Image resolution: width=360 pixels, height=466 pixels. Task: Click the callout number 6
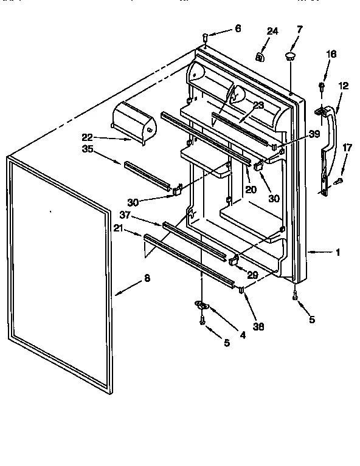click(237, 29)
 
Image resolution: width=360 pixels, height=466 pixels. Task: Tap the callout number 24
click(272, 32)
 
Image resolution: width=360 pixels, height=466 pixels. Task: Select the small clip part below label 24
click(260, 57)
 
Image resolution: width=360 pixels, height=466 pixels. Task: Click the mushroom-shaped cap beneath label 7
click(290, 57)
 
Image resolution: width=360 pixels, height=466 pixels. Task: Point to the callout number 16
click(330, 54)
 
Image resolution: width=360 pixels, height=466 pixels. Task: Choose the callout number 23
click(258, 105)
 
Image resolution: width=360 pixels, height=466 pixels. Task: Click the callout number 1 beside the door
click(337, 252)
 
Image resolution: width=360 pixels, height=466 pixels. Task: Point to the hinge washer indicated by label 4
click(202, 304)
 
